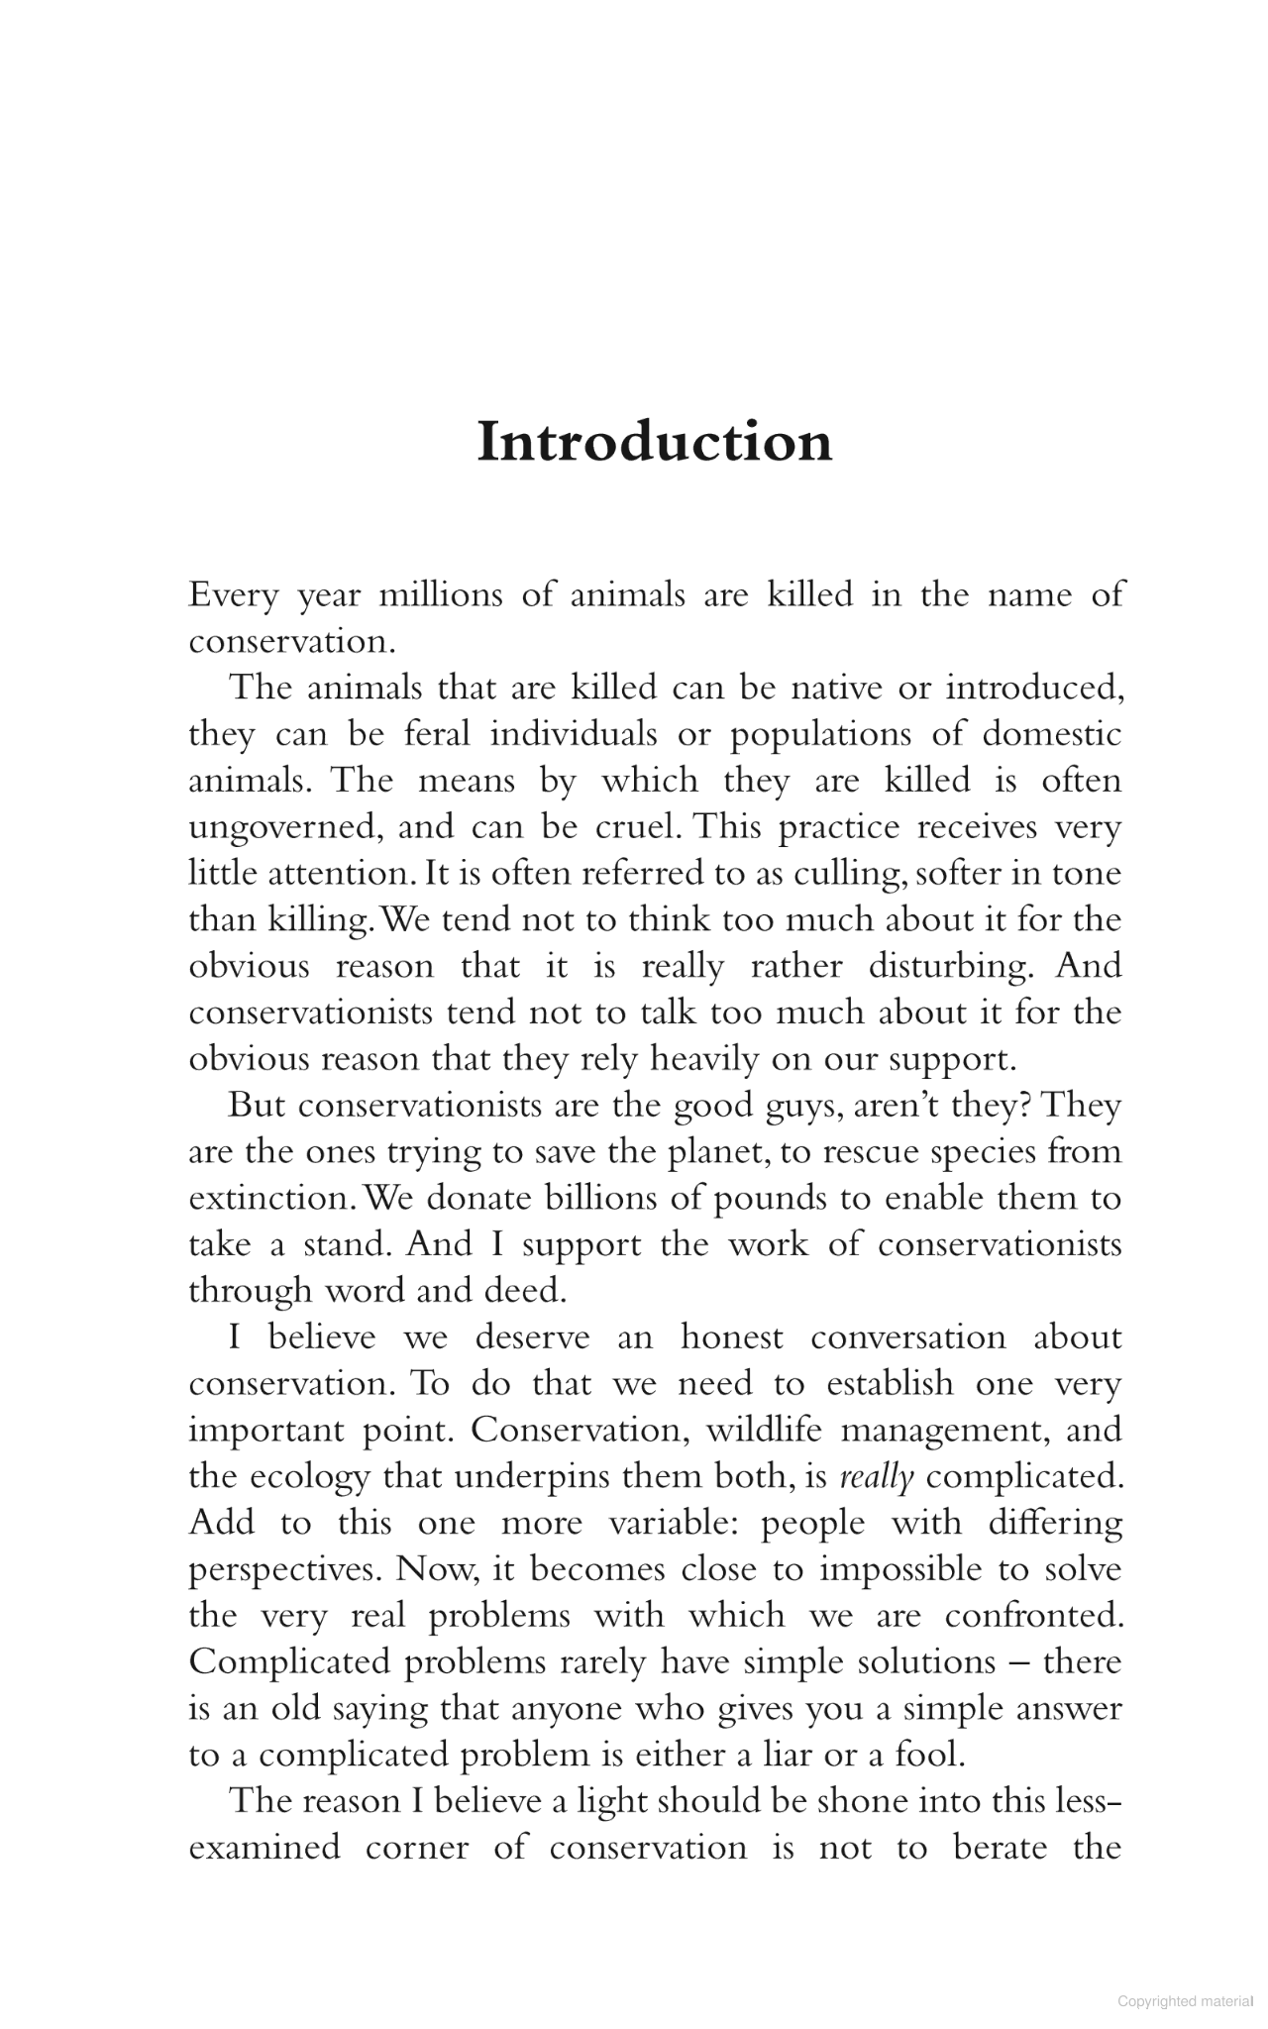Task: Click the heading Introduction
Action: point(654,442)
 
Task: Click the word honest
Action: point(732,1337)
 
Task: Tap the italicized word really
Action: point(876,1477)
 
